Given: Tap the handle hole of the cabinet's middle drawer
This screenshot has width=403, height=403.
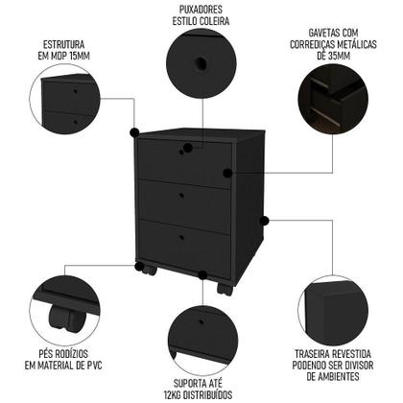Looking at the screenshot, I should [x=183, y=195].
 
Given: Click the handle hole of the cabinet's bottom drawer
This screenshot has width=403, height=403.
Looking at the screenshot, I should [x=183, y=237].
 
